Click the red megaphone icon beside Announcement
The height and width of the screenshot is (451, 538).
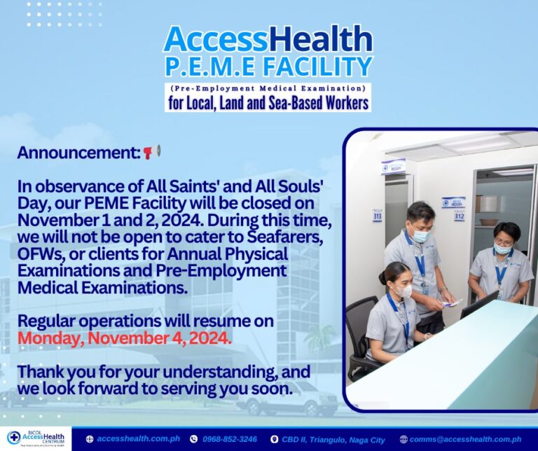(x=151, y=152)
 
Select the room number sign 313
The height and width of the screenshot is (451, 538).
(x=377, y=216)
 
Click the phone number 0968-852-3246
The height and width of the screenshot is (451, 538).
(x=230, y=439)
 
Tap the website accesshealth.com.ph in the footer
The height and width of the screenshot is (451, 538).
(x=138, y=439)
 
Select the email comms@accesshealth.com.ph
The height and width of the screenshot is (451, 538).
(x=465, y=439)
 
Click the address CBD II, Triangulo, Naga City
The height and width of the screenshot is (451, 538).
(x=333, y=440)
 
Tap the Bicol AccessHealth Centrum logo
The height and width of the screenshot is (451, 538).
(x=36, y=438)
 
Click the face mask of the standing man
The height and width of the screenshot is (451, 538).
(x=420, y=235)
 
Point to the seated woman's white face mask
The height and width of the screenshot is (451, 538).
(x=403, y=291)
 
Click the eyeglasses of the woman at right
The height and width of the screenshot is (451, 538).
(x=502, y=242)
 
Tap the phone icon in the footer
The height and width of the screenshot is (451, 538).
(x=194, y=439)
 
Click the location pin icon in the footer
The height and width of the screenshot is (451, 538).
(x=274, y=439)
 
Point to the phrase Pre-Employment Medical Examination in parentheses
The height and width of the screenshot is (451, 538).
(x=268, y=88)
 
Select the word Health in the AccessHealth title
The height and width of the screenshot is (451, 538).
(x=320, y=39)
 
